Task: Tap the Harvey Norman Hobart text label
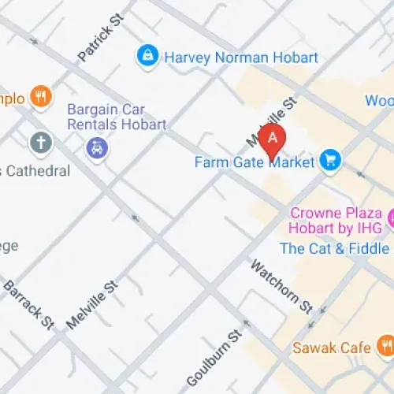pos(240,58)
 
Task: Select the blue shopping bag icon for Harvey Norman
pos(146,56)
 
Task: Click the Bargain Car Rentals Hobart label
pos(116,117)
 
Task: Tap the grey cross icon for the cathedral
pos(41,143)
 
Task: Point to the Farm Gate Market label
pos(255,163)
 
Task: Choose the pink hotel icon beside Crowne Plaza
pos(390,215)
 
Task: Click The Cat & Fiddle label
pos(335,249)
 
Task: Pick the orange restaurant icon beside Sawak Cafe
pos(385,344)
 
